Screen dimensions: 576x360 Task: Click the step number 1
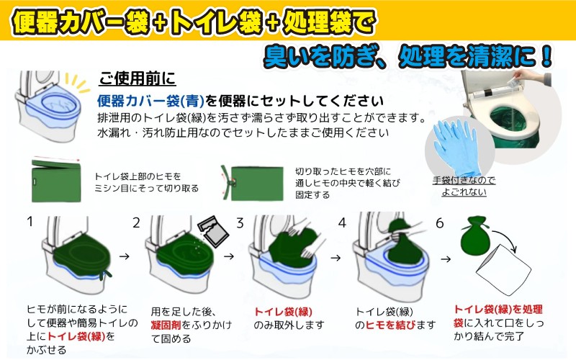30,222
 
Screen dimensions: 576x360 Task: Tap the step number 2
136,222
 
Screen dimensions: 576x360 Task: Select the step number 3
240,223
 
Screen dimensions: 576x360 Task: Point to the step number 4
343,222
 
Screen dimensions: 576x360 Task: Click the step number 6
440,223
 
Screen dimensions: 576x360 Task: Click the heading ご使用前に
138,78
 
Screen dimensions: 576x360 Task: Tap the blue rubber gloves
457,148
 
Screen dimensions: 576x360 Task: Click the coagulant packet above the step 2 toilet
213,230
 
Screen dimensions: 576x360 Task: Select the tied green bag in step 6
475,236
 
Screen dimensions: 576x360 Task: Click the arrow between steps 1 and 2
125,256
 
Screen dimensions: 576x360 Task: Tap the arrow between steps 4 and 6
446,259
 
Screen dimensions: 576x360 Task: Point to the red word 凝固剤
166,325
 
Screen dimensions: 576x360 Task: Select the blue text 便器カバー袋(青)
150,100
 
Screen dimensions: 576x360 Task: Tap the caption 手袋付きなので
464,180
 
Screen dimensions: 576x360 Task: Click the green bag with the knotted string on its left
253,184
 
